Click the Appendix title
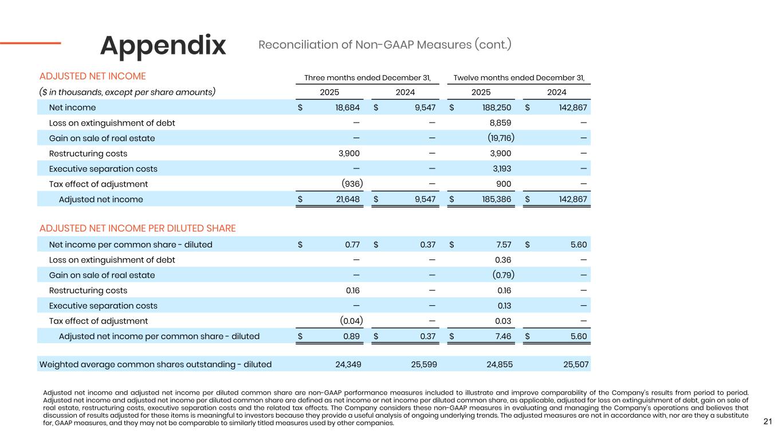coord(163,46)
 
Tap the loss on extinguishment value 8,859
coord(498,123)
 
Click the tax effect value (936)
coord(349,184)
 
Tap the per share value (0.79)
coord(502,275)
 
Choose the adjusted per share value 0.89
coord(351,336)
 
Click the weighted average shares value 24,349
coord(347,364)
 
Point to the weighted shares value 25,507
coord(574,364)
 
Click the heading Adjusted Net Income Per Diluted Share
coord(137,229)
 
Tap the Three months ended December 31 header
coord(367,77)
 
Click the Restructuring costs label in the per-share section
coord(88,290)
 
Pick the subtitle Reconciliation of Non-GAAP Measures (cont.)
coord(384,45)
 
